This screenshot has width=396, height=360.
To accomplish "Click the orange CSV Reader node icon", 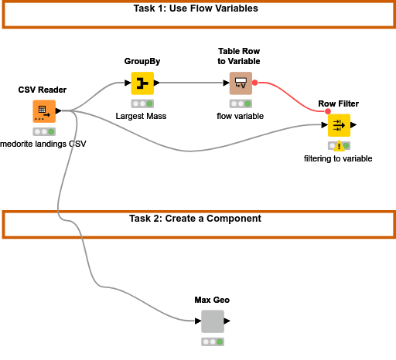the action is pos(44,111).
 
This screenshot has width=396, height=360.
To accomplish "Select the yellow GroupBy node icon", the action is pos(142,83).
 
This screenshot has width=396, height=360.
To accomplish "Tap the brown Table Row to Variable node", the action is pos(241,83).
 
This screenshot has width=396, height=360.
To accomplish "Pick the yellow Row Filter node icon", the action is pos(339,125).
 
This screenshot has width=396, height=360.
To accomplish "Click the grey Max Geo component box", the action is pos(213,321).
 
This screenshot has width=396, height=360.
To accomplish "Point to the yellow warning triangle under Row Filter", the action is pos(339,146).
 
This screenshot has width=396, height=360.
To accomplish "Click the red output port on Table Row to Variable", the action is pos(254,83).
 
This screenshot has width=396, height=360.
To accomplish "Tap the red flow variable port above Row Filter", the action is pos(328,111).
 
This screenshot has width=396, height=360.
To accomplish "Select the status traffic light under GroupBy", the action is pos(142,104).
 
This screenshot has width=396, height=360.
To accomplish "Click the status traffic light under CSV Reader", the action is pos(44,132).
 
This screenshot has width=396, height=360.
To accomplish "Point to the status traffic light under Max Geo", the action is pos(213,342).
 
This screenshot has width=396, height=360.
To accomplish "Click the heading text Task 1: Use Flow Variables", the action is pos(196,8).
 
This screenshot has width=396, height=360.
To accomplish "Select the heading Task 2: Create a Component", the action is pos(195,219).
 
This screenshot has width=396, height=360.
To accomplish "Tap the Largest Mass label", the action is pos(141,116).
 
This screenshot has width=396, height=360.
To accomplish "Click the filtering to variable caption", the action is pos(338,158).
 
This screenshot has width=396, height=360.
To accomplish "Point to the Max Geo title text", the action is pos(212,300).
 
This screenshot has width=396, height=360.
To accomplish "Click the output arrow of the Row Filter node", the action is pos(353,125).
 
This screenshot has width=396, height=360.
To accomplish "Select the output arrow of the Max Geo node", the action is pos(227,321).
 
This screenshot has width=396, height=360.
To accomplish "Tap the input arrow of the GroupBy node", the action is pos(128,83).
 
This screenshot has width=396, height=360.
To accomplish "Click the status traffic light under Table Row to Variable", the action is pos(241,104).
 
